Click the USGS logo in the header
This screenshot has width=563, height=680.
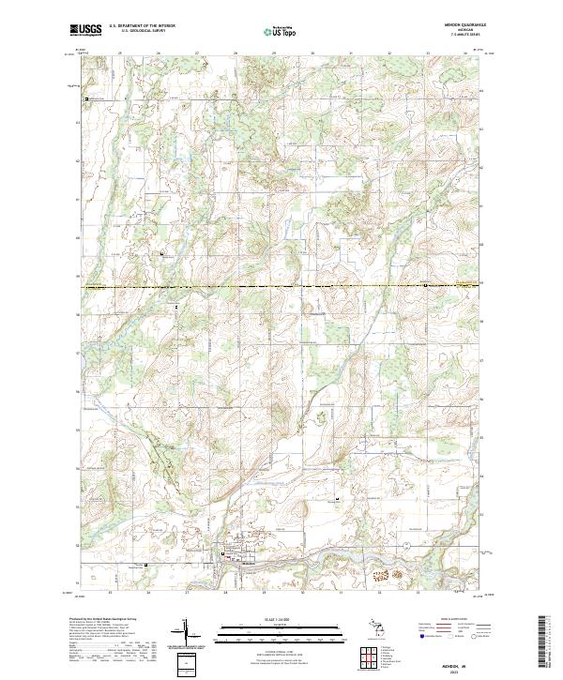(x=85, y=30)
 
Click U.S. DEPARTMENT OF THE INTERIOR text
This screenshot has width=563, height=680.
(x=142, y=25)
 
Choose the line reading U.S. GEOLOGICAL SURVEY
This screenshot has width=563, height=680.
(x=142, y=31)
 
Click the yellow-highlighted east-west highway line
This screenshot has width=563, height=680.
(x=281, y=285)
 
